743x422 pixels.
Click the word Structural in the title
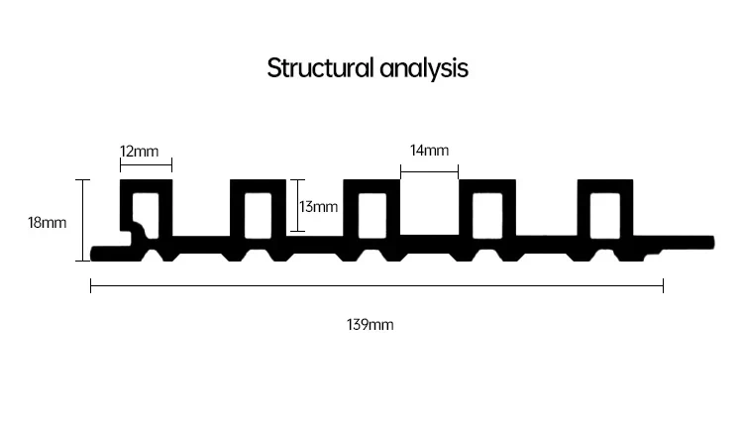[x=320, y=67]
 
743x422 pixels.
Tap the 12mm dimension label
[x=140, y=152]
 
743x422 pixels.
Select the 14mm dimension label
[x=429, y=151]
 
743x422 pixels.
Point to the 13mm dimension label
[x=318, y=207]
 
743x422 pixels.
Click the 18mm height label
[x=47, y=223]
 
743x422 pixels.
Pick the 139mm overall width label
[x=371, y=325]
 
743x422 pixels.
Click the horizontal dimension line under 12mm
[x=146, y=165]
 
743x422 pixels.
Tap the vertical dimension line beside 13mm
[x=297, y=206]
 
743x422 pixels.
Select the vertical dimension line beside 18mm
[x=83, y=220]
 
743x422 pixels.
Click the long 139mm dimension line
[x=376, y=286]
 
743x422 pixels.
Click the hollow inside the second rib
[x=258, y=216]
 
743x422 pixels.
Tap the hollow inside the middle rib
[x=371, y=216]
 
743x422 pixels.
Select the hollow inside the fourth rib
[x=487, y=216]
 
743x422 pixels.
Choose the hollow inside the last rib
[x=605, y=216]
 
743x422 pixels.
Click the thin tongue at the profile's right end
[x=688, y=243]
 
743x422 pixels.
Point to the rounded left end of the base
[x=94, y=254]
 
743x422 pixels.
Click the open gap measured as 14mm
[x=429, y=207]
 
